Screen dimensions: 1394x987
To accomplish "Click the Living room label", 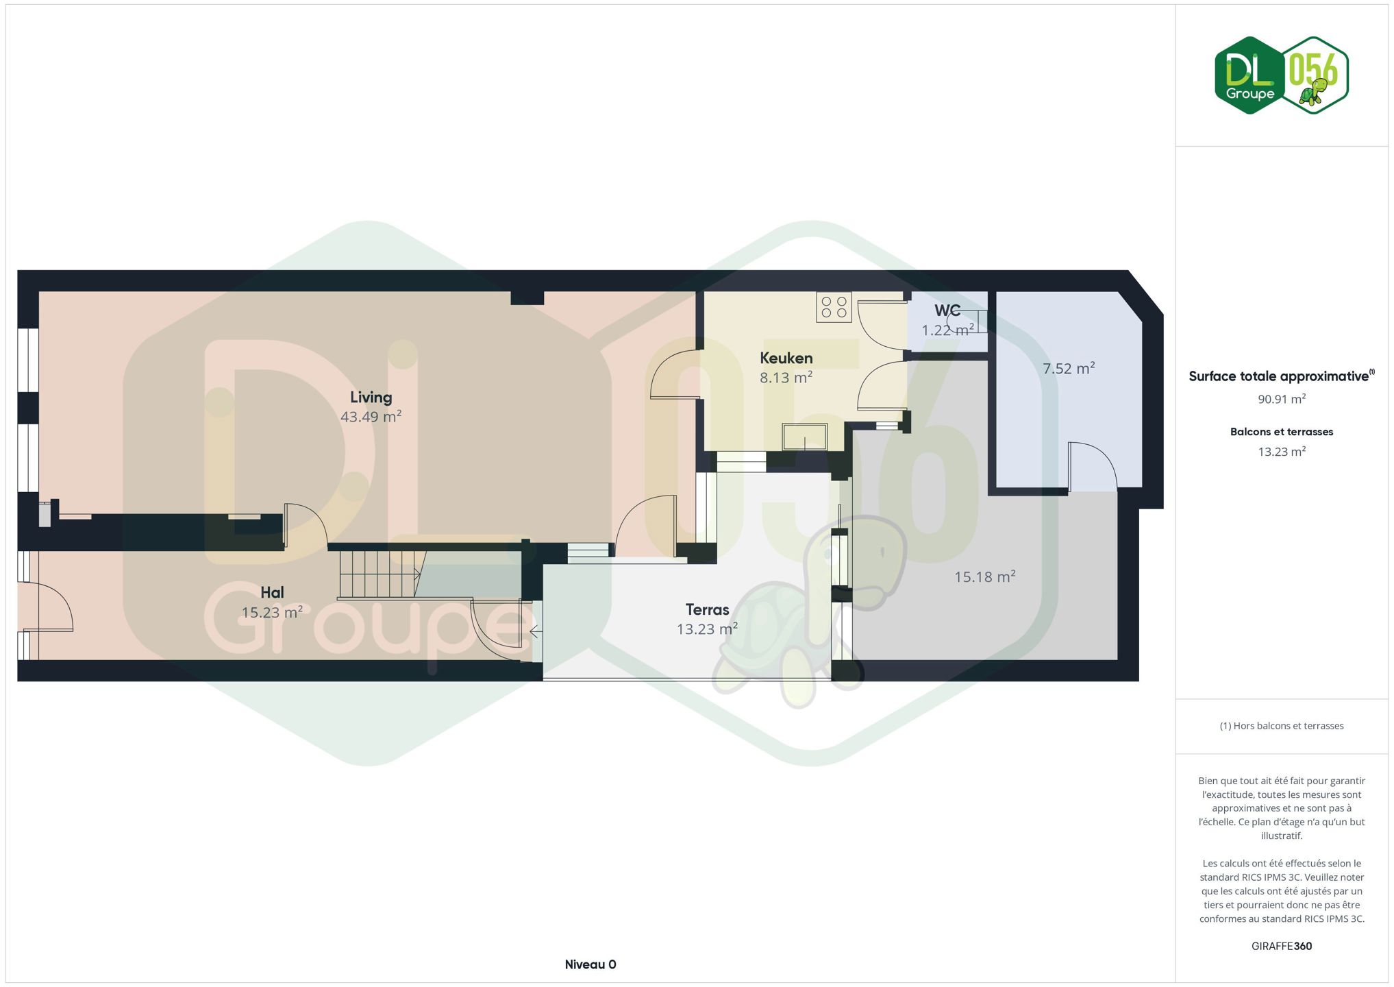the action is [x=371, y=398].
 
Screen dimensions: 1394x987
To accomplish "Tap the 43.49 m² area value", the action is [x=371, y=416].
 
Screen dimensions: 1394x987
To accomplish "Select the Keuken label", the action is [x=786, y=358].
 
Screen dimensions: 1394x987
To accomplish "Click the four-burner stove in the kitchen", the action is [x=834, y=307].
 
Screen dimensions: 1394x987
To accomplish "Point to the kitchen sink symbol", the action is [x=805, y=437].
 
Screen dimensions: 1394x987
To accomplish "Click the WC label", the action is [x=947, y=310].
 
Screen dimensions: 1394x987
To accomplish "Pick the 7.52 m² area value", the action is [x=1069, y=368].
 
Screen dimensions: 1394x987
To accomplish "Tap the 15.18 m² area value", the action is [x=985, y=576].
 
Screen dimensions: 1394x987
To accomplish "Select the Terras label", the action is [x=707, y=609].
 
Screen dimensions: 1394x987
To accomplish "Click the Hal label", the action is [x=272, y=592].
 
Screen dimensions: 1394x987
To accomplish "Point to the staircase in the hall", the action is [x=379, y=574].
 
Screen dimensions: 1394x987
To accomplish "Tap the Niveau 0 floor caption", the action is [x=590, y=964].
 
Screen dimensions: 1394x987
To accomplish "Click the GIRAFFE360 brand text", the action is [x=1282, y=946].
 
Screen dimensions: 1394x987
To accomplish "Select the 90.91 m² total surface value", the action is [x=1282, y=399].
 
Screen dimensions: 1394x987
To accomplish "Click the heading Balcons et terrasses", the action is [x=1282, y=432].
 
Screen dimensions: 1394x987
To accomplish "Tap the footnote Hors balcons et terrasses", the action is [x=1282, y=726].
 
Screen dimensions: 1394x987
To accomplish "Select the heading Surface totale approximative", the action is [x=1279, y=376].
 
